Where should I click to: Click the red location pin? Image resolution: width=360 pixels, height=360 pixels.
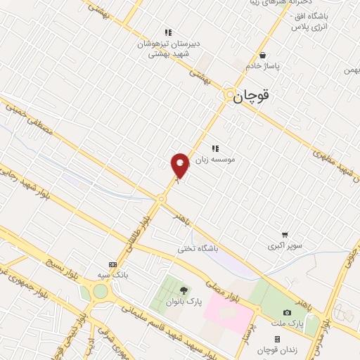point(180,165)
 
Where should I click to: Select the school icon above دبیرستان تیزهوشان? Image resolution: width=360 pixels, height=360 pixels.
point(168,32)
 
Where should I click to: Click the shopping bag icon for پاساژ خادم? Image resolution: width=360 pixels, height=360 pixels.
point(262,55)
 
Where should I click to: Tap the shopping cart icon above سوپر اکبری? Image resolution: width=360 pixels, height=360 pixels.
point(285,235)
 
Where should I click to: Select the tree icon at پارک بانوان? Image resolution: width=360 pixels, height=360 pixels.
point(184,290)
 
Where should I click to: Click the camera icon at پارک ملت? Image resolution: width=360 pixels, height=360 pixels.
point(287,312)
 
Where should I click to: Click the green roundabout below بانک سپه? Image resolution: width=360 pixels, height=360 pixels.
point(100,291)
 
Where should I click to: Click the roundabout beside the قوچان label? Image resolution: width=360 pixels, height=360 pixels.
point(230,96)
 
